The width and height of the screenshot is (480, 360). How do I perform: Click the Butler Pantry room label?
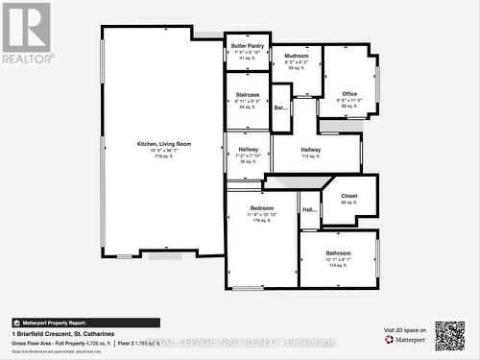click(x=248, y=45)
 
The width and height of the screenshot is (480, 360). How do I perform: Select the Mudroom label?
click(x=296, y=56)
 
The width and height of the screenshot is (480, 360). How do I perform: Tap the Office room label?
click(x=348, y=93)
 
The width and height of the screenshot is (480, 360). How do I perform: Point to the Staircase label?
click(x=248, y=95)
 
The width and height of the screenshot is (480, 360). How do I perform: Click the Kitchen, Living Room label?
click(x=164, y=144)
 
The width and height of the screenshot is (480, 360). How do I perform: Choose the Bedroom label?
click(x=262, y=208)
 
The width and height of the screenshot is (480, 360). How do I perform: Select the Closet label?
click(x=348, y=196)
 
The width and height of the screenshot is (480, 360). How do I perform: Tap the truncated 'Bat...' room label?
click(x=280, y=108)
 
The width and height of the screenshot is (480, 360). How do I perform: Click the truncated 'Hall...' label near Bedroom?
click(x=309, y=209)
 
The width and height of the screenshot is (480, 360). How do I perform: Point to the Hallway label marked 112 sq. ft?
click(x=311, y=150)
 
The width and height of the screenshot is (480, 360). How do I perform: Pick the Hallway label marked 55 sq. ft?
click(x=248, y=150)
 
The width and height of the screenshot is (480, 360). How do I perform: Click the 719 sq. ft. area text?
click(x=164, y=156)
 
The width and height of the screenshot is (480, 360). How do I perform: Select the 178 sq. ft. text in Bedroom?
click(x=262, y=221)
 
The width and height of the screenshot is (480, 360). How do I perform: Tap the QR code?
click(x=449, y=336)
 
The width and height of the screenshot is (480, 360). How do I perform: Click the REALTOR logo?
click(x=27, y=33)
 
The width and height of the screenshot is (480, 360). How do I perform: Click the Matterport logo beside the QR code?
click(x=407, y=339)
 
